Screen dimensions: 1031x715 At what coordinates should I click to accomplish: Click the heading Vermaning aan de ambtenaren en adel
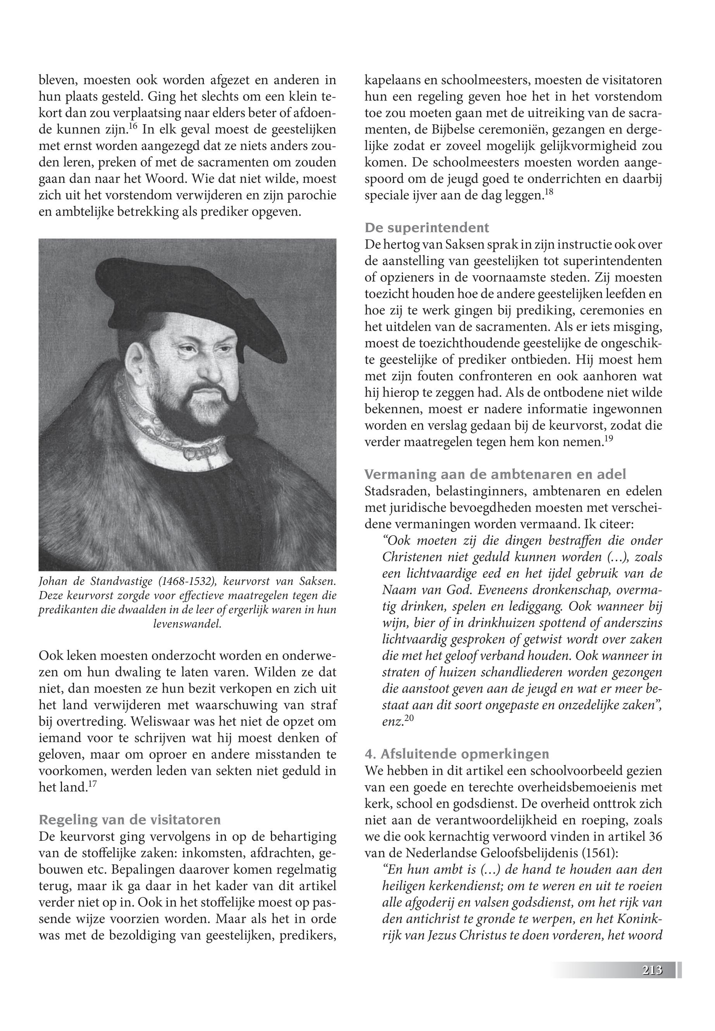496,474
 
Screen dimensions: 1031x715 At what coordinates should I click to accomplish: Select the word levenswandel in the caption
187,624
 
